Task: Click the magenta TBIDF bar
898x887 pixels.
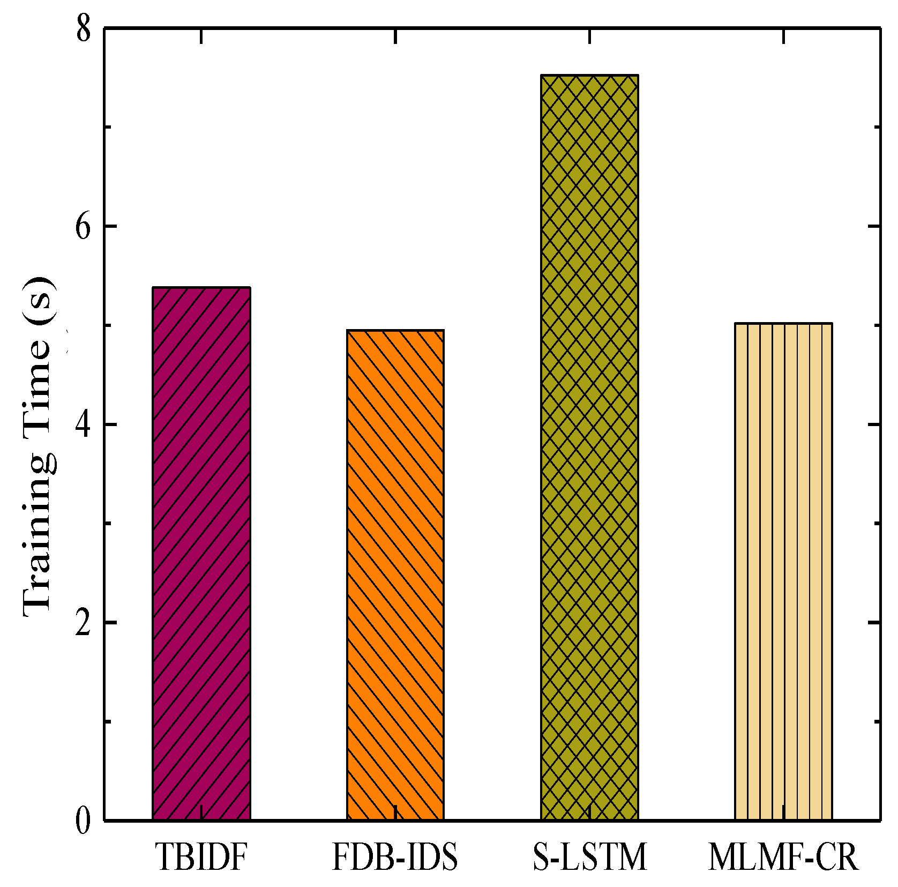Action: pos(201,552)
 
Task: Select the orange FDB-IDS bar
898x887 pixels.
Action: pos(395,573)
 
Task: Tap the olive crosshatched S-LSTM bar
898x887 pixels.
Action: pos(589,445)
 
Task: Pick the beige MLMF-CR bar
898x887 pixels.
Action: pos(783,571)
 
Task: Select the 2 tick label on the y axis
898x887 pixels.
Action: pos(83,623)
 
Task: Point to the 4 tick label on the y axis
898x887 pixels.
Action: pos(83,424)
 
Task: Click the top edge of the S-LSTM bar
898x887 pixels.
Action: pos(589,76)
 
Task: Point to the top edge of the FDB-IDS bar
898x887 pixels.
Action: pos(395,331)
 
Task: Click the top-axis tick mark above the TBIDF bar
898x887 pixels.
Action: pos(201,36)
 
